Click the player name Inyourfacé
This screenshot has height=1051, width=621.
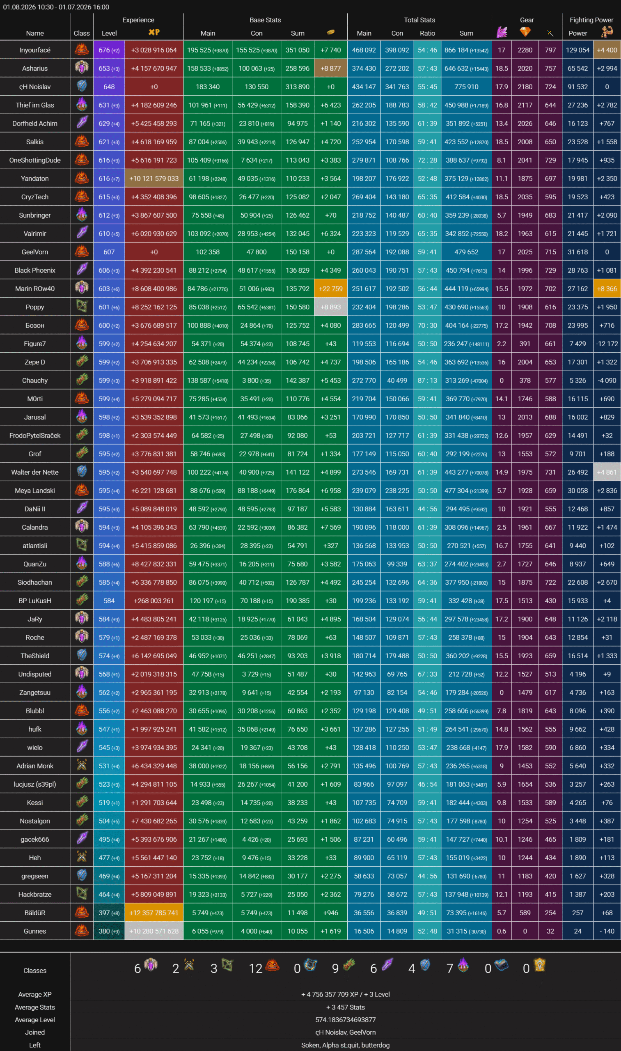point(35,50)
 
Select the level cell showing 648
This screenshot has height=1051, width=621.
point(109,87)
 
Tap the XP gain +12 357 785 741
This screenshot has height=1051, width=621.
point(154,913)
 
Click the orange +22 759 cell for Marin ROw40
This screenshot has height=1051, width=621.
point(330,289)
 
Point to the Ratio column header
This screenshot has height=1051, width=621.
point(427,34)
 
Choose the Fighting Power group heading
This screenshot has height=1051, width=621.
point(591,20)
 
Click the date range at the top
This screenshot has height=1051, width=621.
point(56,7)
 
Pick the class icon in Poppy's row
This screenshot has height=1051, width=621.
point(82,307)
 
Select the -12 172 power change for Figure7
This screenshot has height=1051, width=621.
point(607,344)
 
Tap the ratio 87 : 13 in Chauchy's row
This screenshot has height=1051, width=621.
point(427,381)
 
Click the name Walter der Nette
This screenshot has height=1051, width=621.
point(35,472)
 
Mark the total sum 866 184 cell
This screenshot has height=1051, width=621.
point(466,50)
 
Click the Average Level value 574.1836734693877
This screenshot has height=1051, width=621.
point(345,1020)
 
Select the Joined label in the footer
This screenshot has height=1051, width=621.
point(35,1032)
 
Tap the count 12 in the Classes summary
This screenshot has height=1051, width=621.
point(255,968)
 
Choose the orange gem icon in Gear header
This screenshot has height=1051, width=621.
point(525,32)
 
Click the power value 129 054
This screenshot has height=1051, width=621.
point(577,50)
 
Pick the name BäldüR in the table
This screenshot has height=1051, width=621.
point(35,913)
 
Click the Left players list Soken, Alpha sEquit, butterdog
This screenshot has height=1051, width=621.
point(345,1045)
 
